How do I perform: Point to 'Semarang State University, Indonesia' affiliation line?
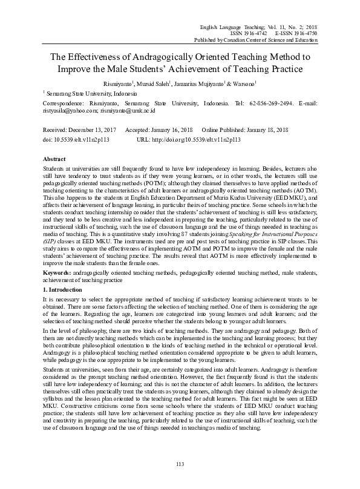click(86, 93)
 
